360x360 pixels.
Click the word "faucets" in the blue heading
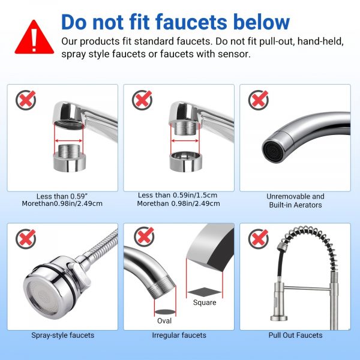[x=191, y=22]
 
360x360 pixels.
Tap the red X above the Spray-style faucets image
[x=26, y=239]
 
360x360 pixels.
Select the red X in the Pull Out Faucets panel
[x=258, y=239]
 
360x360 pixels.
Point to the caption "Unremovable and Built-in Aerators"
[x=295, y=200]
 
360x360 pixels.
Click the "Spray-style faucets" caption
[x=62, y=335]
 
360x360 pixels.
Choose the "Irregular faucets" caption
[x=179, y=335]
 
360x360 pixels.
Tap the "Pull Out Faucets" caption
[x=295, y=335]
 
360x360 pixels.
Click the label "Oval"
[x=164, y=321]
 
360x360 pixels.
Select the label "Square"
[x=205, y=302]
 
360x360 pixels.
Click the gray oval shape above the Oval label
[x=165, y=312]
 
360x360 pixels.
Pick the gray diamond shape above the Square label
[x=205, y=292]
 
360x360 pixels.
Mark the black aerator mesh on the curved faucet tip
[x=271, y=150]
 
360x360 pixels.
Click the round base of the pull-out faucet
[x=279, y=318]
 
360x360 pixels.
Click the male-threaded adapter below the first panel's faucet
[x=70, y=158]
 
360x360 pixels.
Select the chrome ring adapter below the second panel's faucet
[x=186, y=161]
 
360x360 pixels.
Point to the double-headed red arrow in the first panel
[x=68, y=141]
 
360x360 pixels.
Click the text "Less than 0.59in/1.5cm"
[x=178, y=195]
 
